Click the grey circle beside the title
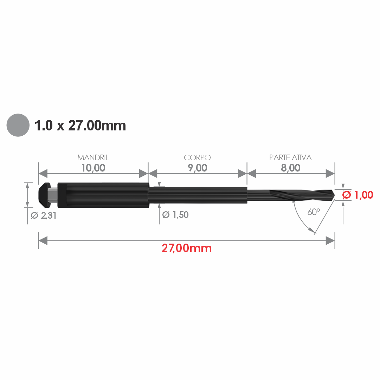click(18, 125)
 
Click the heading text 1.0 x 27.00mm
click(80, 125)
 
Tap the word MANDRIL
click(93, 157)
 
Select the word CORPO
click(197, 157)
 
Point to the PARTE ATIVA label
click(290, 157)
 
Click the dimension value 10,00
click(93, 168)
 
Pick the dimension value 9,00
click(198, 168)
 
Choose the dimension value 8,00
click(291, 168)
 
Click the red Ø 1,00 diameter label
click(358, 195)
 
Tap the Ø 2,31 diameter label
click(44, 215)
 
